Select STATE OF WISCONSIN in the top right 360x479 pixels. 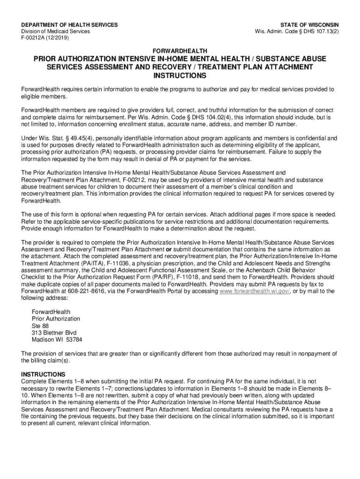310,25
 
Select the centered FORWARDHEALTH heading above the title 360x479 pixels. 180,50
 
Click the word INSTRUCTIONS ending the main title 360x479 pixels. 180,75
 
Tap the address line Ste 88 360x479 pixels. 40,326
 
